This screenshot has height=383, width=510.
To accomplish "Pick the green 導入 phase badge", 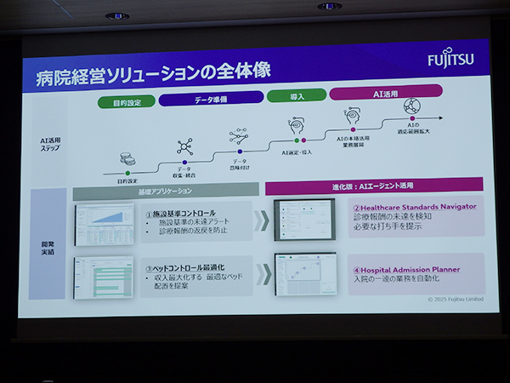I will [x=296, y=96].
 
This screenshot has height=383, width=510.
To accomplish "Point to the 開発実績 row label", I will [x=48, y=245].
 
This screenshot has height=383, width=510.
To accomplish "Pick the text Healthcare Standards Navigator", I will [x=415, y=206].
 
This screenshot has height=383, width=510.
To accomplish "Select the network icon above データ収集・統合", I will [x=184, y=146].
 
